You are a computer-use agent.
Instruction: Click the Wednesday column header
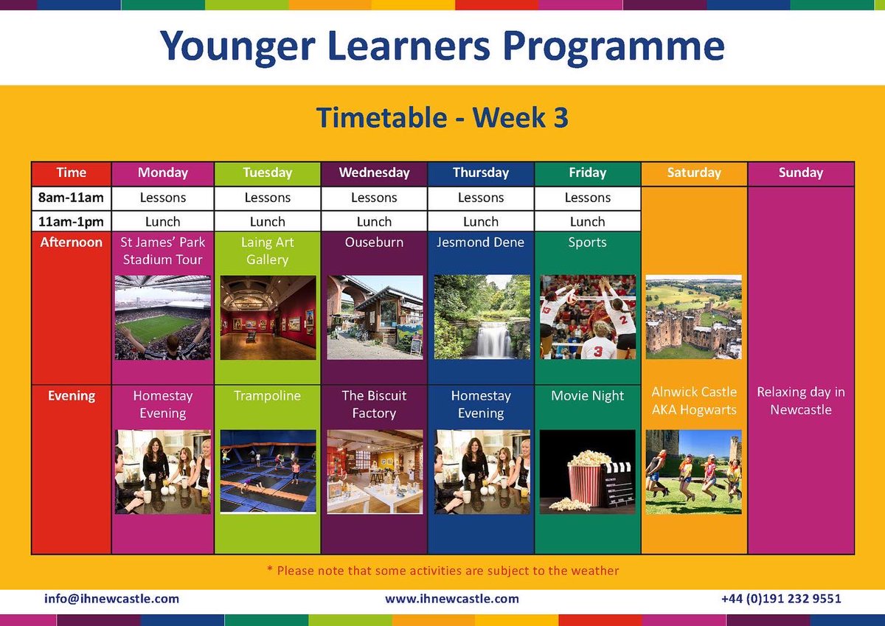(374, 173)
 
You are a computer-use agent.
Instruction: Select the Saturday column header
(693, 173)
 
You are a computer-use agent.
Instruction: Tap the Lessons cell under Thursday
(481, 198)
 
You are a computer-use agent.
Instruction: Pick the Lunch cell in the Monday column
(162, 221)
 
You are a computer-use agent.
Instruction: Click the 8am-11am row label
(72, 198)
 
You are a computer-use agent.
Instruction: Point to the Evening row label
(72, 396)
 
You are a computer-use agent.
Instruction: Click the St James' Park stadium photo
(162, 317)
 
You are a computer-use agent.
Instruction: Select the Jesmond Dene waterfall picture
(482, 317)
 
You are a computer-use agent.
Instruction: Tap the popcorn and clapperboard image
(587, 471)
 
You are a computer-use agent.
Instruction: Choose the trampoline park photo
(268, 471)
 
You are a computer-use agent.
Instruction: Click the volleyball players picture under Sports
(587, 317)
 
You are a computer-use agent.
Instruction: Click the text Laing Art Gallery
(268, 251)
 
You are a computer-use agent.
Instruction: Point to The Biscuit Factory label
(374, 405)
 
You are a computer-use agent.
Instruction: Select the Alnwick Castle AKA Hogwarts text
(693, 401)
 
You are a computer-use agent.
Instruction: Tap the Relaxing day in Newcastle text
(800, 401)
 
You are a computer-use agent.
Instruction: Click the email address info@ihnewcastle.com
(111, 599)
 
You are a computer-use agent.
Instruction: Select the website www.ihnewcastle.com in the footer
(451, 599)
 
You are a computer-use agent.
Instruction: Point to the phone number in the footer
(780, 599)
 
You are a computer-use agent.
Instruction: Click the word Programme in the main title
(614, 46)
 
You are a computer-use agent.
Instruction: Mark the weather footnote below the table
(442, 571)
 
